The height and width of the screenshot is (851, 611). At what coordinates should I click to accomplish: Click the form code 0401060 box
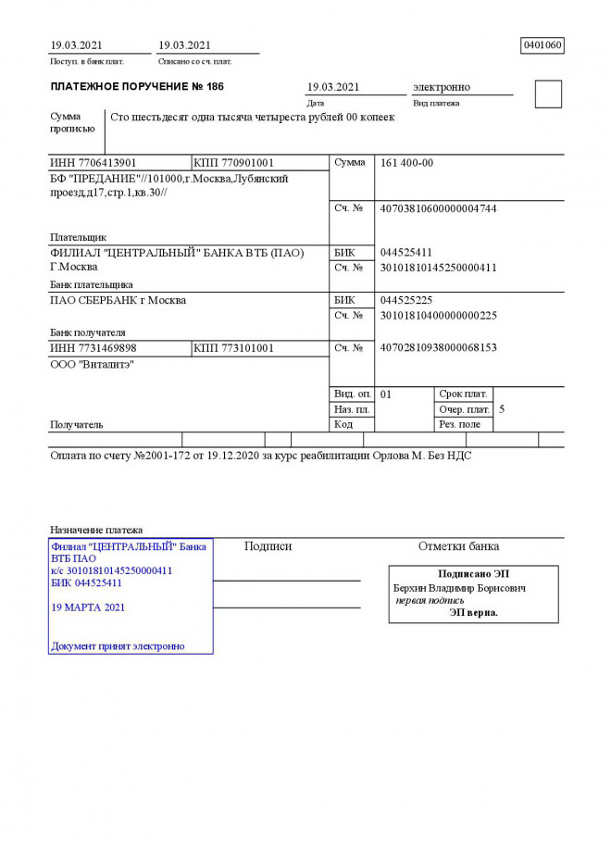[x=542, y=44]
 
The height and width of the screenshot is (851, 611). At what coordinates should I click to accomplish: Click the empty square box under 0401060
[x=548, y=94]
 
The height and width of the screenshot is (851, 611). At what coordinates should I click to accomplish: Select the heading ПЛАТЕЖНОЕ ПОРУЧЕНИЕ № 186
[x=137, y=87]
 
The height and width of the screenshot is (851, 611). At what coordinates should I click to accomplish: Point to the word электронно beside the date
[x=442, y=87]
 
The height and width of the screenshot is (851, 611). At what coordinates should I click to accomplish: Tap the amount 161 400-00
[x=407, y=163]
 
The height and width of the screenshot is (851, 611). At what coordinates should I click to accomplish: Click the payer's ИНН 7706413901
[x=94, y=163]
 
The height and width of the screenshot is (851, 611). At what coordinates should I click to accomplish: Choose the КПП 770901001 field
[x=234, y=163]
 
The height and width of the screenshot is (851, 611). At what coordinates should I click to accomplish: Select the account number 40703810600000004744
[x=439, y=208]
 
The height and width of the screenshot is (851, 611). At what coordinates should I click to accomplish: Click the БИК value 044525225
[x=406, y=300]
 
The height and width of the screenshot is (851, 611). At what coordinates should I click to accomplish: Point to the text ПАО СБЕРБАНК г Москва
[x=118, y=300]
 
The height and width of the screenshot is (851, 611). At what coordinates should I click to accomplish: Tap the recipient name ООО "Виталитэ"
[x=92, y=365]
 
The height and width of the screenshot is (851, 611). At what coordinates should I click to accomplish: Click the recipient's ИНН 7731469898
[x=94, y=348]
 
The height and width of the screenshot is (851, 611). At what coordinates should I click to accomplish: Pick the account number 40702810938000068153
[x=439, y=348]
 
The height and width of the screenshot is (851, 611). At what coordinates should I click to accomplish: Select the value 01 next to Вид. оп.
[x=386, y=394]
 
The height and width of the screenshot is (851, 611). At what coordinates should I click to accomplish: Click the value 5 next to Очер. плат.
[x=502, y=408]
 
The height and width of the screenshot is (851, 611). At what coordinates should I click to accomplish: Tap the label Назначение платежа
[x=96, y=530]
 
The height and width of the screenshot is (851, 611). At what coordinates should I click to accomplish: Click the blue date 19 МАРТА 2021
[x=88, y=608]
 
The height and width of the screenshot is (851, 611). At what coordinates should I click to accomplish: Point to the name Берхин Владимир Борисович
[x=460, y=588]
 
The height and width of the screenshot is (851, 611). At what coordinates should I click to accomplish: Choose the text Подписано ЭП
[x=473, y=574]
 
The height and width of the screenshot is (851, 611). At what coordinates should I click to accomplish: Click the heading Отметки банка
[x=458, y=546]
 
